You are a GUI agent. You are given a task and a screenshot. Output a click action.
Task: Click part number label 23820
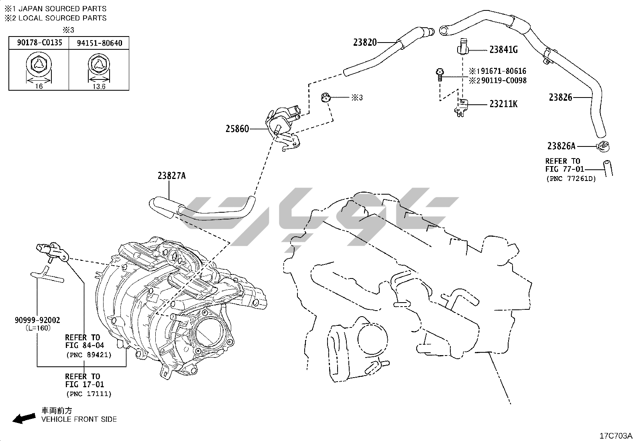(365, 42)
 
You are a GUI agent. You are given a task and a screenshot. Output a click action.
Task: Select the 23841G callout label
(503, 50)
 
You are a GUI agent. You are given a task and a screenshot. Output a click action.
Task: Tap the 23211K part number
(503, 104)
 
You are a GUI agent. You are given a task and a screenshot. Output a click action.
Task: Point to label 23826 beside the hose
(560, 97)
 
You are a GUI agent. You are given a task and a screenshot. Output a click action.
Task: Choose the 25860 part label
(237, 129)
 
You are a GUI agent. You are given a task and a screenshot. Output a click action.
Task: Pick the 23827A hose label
(172, 176)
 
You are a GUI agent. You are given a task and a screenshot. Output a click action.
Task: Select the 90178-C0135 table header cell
(39, 43)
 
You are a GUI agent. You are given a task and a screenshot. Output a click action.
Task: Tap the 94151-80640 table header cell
(99, 43)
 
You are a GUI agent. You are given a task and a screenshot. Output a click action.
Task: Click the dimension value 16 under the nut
(39, 86)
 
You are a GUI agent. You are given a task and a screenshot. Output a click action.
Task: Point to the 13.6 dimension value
(99, 86)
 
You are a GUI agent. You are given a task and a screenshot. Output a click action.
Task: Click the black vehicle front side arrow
(23, 418)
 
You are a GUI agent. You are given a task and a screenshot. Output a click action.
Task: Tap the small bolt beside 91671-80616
(440, 74)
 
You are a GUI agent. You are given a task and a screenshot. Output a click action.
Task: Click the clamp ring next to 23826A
(602, 146)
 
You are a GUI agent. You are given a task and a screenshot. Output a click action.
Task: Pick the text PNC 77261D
(570, 179)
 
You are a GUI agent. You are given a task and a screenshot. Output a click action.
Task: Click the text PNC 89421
(88, 355)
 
